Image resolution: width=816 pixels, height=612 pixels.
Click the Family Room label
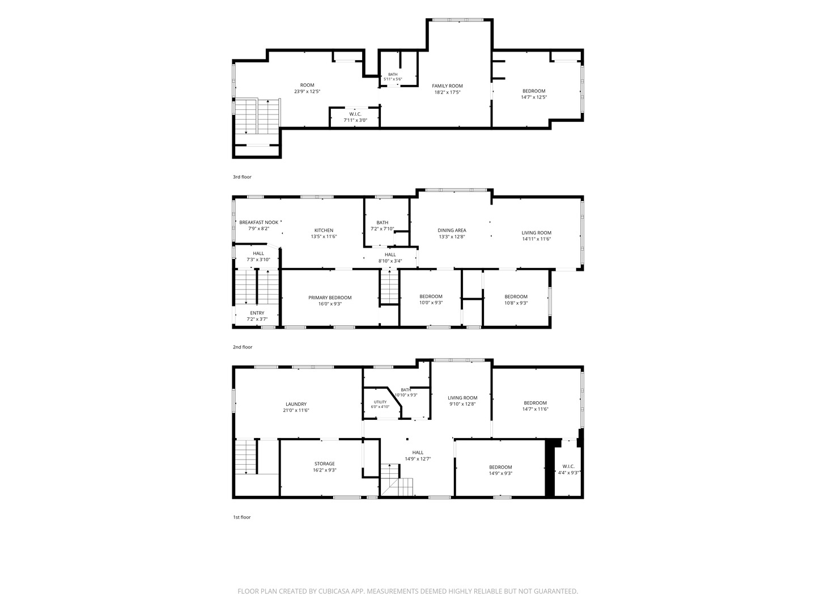447,86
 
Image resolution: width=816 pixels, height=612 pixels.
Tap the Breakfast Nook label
259,222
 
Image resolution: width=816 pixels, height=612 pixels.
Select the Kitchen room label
324,231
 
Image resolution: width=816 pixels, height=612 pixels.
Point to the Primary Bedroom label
330,297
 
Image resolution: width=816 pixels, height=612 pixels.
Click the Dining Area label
452,231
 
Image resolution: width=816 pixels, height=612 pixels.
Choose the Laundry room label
296,404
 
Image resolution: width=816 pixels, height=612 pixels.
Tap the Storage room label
325,464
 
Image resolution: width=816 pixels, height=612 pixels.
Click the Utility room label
380,402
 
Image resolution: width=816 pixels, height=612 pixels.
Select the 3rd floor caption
242,177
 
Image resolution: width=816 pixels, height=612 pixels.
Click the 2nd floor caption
243,347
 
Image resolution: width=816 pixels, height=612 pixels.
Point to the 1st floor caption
241,517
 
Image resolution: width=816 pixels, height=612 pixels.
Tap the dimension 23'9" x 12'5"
307,91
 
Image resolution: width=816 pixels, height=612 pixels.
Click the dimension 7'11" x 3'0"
355,120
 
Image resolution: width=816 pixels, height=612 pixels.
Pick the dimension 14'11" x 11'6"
537,239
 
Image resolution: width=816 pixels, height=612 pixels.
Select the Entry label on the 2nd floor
257,313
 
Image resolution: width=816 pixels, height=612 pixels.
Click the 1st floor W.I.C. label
568,466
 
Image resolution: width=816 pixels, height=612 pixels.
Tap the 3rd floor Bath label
393,74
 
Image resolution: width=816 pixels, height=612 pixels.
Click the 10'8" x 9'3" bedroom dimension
516,303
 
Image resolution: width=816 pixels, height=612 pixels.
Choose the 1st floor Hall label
418,453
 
